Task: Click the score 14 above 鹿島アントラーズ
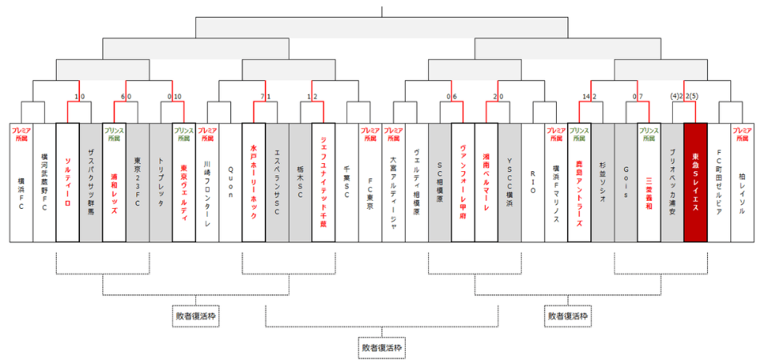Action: tap(586, 97)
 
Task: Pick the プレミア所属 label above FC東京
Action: tap(370, 133)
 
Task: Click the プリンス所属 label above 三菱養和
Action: tap(649, 133)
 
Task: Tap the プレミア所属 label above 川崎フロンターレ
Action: tap(207, 133)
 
